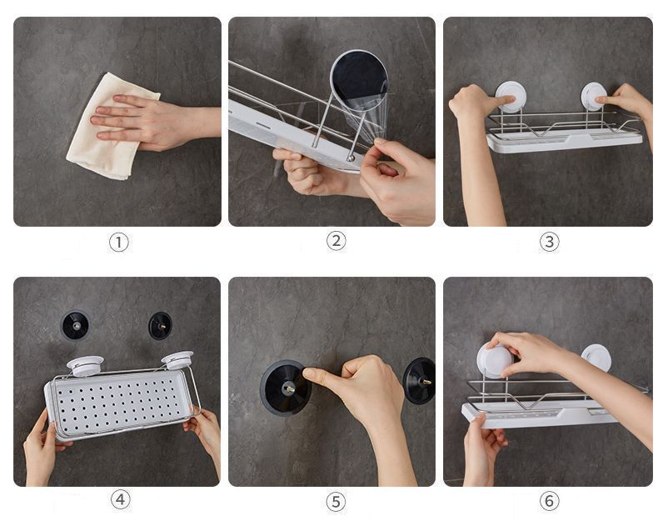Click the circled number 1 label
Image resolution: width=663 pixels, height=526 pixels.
pyautogui.click(x=119, y=243)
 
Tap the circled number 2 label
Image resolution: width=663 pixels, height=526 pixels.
pyautogui.click(x=336, y=241)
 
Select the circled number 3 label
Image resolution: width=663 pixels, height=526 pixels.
pyautogui.click(x=549, y=242)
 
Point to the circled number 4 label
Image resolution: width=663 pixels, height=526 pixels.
pyautogui.click(x=121, y=500)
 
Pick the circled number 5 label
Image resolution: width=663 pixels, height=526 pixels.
pyautogui.click(x=336, y=502)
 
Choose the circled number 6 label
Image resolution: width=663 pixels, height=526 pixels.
pyautogui.click(x=549, y=501)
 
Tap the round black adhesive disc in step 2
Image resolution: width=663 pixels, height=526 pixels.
pyautogui.click(x=360, y=80)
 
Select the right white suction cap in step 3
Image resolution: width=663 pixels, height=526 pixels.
pyautogui.click(x=593, y=97)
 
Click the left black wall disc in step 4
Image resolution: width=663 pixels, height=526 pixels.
pyautogui.click(x=75, y=325)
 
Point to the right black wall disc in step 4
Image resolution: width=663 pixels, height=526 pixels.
pyautogui.click(x=160, y=326)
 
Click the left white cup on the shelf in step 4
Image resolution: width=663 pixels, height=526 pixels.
pyautogui.click(x=85, y=366)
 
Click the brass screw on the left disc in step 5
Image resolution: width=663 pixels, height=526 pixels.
pyautogui.click(x=290, y=388)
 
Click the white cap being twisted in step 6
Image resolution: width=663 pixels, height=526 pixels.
pyautogui.click(x=495, y=361)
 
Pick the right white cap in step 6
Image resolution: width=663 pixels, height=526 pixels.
pyautogui.click(x=596, y=358)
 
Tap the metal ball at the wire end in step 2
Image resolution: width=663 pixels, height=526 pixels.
pyautogui.click(x=351, y=158)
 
